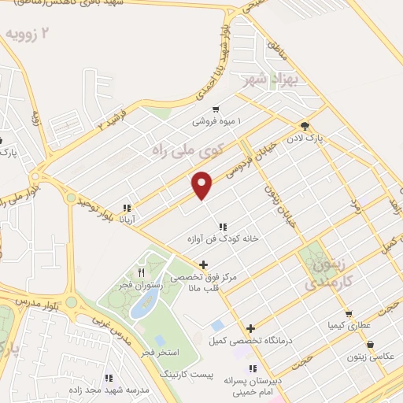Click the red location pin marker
pos(203,184)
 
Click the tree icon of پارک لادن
pos(305,126)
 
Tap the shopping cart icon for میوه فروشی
pos(216,110)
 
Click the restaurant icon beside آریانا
pos(126,209)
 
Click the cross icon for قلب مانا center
pos(204,264)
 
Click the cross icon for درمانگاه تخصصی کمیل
pos(250,329)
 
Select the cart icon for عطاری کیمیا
pos(348,313)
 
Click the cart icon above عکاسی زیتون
pos(369,344)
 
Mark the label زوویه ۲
pos(33,35)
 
